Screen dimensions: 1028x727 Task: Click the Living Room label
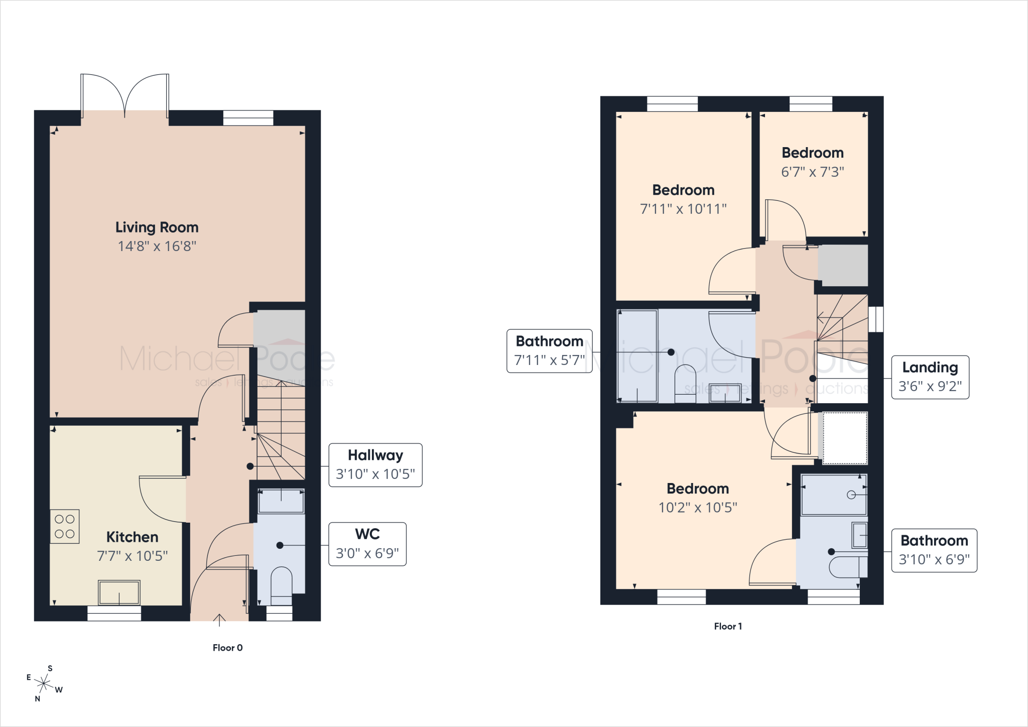[x=157, y=227]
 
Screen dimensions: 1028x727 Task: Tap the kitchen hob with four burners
[x=65, y=527]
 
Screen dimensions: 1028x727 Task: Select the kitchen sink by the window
[x=119, y=592]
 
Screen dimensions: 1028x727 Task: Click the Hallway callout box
[x=375, y=465]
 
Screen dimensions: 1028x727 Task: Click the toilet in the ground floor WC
[x=281, y=585]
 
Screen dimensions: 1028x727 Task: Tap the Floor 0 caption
[x=227, y=648]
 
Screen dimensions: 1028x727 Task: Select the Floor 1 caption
[x=728, y=626]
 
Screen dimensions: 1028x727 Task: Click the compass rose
[x=44, y=683]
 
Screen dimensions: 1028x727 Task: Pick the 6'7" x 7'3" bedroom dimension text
[x=813, y=172]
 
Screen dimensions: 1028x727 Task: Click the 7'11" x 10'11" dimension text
[x=683, y=209]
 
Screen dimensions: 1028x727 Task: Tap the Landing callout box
[x=930, y=378]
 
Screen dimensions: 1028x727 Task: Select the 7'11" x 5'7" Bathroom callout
[x=550, y=351]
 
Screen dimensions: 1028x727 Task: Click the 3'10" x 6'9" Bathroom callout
[x=934, y=550]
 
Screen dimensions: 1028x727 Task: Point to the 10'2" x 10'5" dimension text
[x=698, y=508]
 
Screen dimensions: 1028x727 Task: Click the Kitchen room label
[x=132, y=537]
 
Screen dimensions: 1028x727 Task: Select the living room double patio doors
[x=125, y=95]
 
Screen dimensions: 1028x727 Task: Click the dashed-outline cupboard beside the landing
[x=843, y=438]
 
